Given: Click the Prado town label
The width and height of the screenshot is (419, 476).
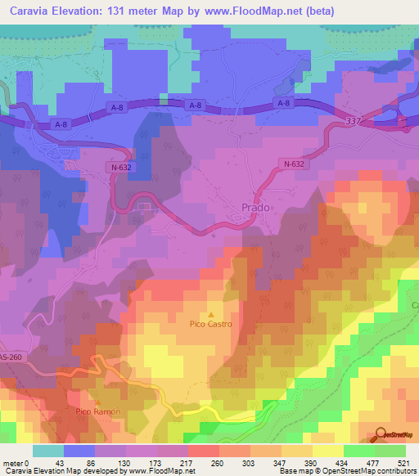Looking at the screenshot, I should pyautogui.click(x=256, y=208).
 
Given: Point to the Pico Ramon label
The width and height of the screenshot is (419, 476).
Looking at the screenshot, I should pyautogui.click(x=98, y=411).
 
